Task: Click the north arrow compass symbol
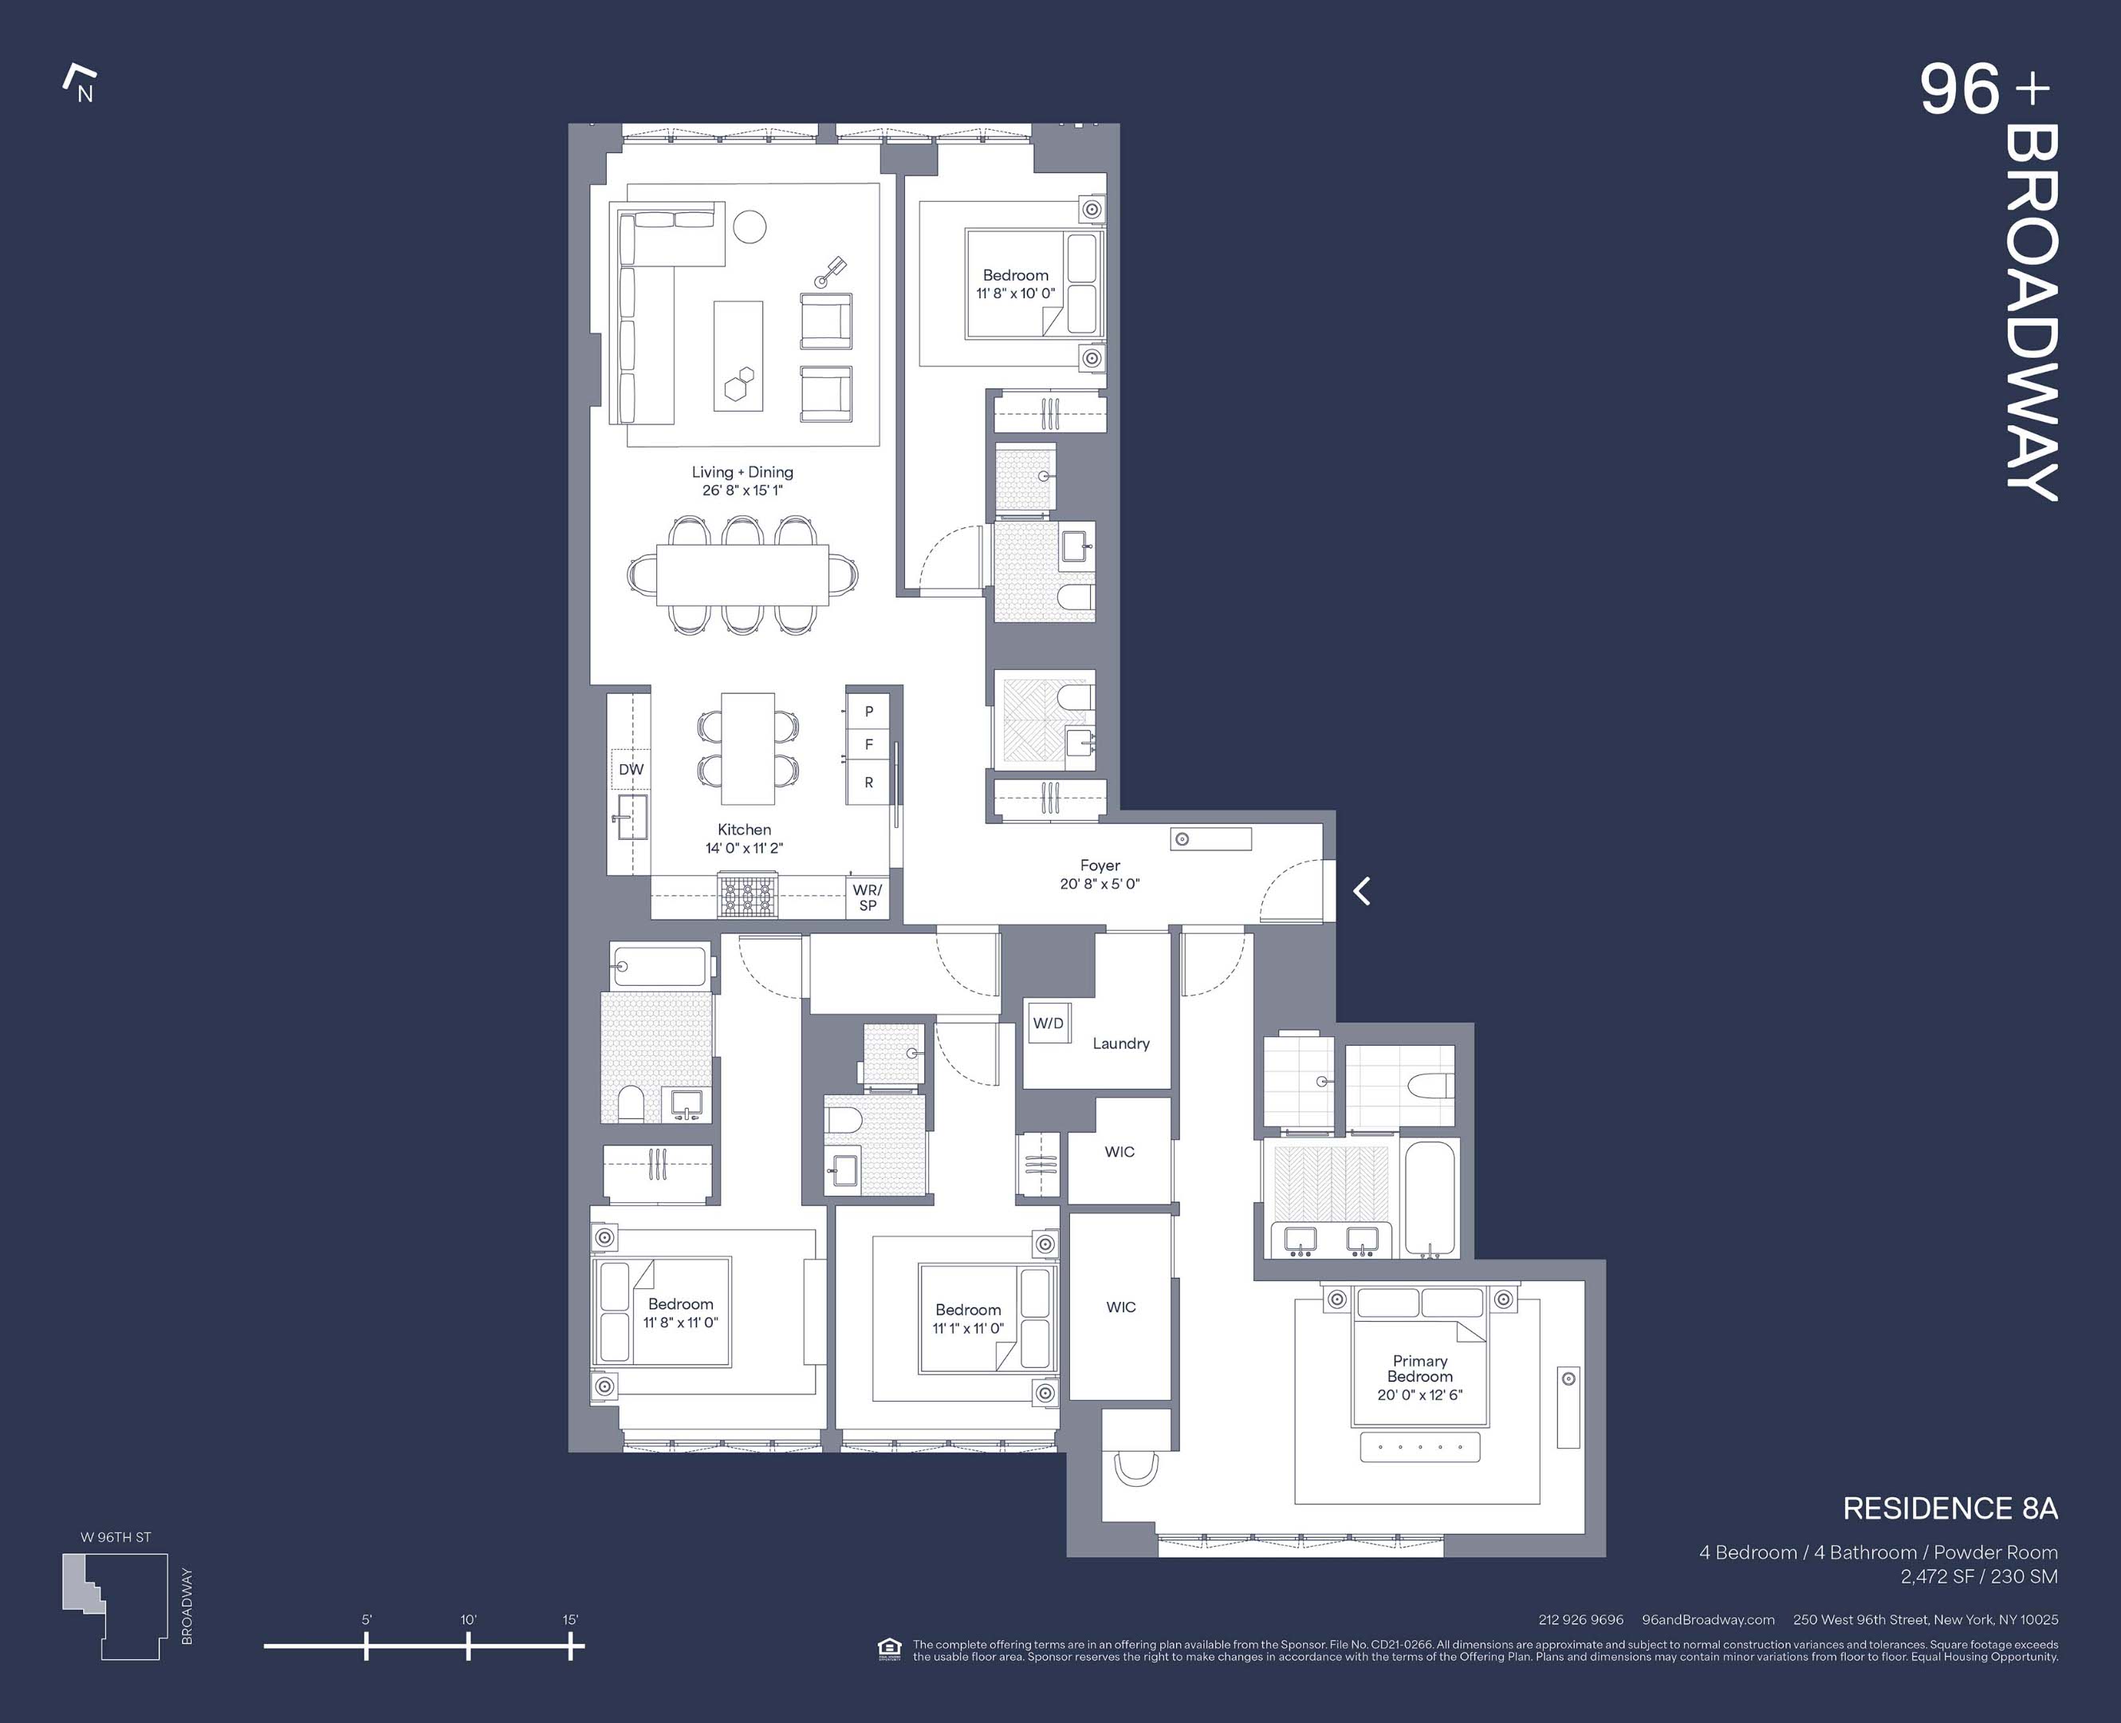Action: (x=80, y=84)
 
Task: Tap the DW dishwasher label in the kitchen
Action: (x=631, y=769)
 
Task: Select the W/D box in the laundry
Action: (x=1048, y=1023)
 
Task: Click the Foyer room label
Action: (x=1100, y=865)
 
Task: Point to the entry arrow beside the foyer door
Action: (x=1362, y=891)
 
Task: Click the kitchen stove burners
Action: (x=748, y=895)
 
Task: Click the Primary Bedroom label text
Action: (x=1419, y=1369)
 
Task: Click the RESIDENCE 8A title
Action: (x=1950, y=1509)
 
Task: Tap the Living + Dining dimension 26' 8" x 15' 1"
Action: (x=742, y=491)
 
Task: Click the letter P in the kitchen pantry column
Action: (x=869, y=712)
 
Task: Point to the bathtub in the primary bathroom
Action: (x=1430, y=1199)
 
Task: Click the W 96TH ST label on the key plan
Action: (x=116, y=1537)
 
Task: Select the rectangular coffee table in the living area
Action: (x=738, y=355)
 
